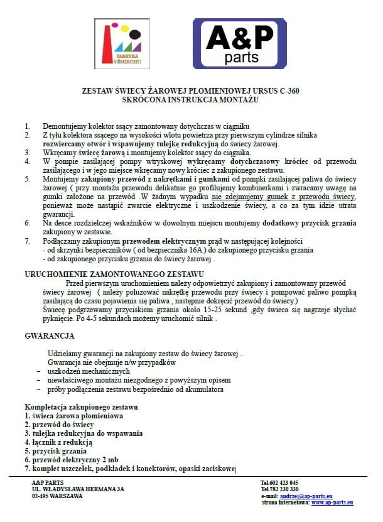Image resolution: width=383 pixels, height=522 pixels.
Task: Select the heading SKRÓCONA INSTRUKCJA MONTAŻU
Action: [191, 99]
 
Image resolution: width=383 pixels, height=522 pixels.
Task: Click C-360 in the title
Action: [286, 90]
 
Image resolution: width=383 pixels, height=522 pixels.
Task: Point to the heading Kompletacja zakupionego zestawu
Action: [81, 407]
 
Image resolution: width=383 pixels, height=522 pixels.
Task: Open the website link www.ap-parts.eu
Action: [332, 503]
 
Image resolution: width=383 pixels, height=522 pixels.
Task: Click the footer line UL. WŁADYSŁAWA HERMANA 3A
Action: [78, 489]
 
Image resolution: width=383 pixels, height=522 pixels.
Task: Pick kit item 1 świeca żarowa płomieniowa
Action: [73, 416]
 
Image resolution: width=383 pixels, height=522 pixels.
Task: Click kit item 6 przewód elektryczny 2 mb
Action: [71, 460]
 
